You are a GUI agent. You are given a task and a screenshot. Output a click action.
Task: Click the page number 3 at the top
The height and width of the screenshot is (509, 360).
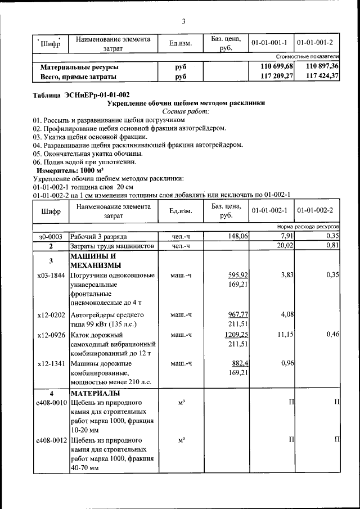[183, 22]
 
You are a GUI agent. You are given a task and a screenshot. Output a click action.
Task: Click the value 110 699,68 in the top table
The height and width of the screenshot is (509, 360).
[272, 66]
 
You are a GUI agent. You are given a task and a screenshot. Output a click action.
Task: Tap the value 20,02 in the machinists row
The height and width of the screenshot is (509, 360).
[284, 246]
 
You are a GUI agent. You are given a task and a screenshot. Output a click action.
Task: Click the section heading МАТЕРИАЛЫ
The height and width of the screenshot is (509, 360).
[94, 392]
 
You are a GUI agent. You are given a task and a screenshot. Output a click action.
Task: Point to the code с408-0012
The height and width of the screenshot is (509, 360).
[50, 440]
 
